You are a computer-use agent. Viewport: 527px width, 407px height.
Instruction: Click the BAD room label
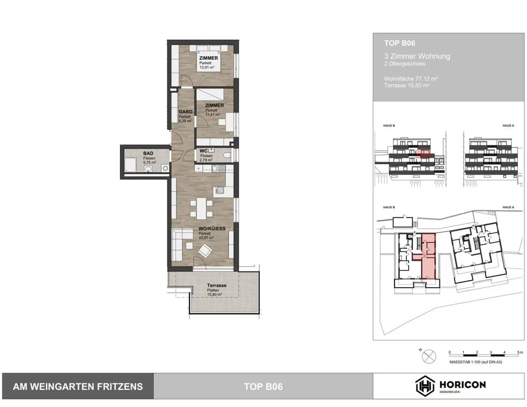[x=148, y=153]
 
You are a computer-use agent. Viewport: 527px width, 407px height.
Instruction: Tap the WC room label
[x=203, y=151]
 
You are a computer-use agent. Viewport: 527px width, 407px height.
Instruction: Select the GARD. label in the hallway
[x=186, y=112]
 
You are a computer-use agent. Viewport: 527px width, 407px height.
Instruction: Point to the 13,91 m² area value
[x=207, y=67]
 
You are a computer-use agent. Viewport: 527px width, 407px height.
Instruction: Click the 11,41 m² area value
[x=212, y=114]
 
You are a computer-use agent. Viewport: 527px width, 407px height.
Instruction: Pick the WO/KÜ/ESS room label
[x=212, y=229]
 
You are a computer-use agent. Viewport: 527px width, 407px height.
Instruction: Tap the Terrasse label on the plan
[x=216, y=285]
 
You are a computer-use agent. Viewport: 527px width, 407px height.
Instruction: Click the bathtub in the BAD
[x=130, y=165]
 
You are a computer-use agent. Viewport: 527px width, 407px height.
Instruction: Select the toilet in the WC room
[x=227, y=155]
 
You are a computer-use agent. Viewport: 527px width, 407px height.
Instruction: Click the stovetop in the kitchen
[x=219, y=190]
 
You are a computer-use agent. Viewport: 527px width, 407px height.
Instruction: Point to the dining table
[x=201, y=208]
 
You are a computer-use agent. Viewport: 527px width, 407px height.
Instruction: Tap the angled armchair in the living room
[x=205, y=251]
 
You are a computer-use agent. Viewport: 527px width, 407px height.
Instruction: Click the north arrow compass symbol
[x=429, y=357]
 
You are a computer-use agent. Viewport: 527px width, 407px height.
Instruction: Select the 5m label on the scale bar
[x=520, y=352]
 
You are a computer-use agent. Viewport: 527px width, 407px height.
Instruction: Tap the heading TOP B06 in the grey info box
[x=399, y=43]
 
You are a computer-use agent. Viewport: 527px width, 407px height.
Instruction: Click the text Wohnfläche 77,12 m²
[x=411, y=79]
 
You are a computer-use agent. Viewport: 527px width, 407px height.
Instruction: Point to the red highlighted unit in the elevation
[x=422, y=153]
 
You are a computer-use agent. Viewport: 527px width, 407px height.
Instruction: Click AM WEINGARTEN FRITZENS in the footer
[x=78, y=387]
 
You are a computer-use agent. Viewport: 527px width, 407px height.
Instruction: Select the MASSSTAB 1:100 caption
[x=476, y=362]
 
